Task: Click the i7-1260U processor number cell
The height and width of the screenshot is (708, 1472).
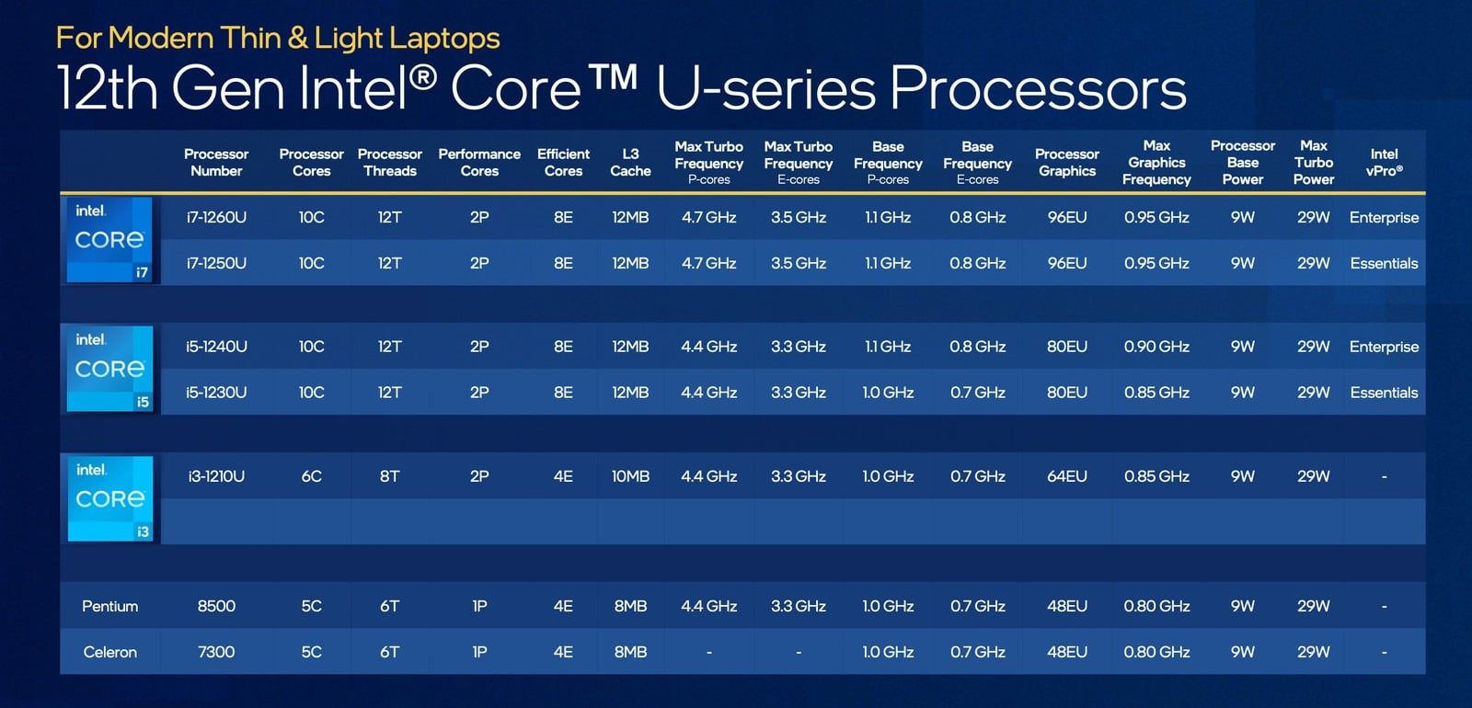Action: click(216, 218)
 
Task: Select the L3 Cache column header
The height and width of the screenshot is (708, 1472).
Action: click(630, 163)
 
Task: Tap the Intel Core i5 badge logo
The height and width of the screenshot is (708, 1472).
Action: click(109, 369)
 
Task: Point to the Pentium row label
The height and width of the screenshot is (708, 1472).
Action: click(109, 606)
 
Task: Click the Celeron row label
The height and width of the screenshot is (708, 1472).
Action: click(109, 652)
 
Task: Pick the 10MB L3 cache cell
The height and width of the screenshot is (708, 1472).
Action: click(630, 476)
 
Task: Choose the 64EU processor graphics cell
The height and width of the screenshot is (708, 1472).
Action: click(1066, 476)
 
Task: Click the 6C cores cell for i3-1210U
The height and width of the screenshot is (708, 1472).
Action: click(311, 476)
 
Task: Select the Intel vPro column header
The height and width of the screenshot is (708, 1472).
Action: click(1384, 163)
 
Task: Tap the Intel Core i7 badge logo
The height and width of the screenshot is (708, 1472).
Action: click(109, 239)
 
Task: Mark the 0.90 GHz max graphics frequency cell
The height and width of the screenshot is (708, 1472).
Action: click(1156, 347)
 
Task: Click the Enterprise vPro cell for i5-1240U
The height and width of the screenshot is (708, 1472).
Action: click(1384, 347)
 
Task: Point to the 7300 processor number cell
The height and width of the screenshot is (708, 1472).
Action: click(216, 652)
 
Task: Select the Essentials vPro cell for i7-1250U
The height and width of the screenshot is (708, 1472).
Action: click(1384, 264)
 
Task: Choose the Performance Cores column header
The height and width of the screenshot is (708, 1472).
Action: click(479, 163)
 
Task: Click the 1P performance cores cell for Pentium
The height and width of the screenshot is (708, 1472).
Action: click(479, 606)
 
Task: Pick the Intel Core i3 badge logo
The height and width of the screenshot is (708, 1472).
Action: click(109, 498)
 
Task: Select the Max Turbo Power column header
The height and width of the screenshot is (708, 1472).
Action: click(1313, 163)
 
